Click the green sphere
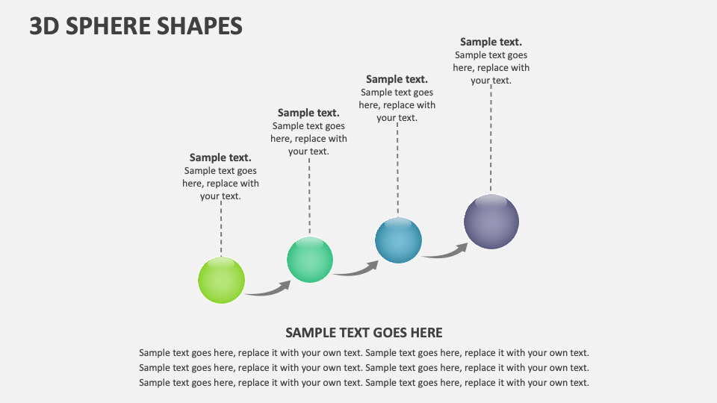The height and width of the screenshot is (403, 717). (x=221, y=280)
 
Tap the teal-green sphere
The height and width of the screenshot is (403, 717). (x=310, y=260)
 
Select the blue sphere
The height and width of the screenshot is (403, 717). (x=398, y=240)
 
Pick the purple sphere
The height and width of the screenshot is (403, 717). (x=491, y=222)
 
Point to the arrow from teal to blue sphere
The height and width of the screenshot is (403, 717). (x=356, y=270)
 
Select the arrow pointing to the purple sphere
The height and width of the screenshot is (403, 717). (x=445, y=252)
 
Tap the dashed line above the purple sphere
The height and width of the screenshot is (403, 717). (x=491, y=138)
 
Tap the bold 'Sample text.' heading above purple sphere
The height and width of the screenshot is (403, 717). (x=491, y=42)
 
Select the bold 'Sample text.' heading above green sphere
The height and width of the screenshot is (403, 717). (x=220, y=157)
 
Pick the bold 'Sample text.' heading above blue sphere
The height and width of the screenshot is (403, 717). (x=397, y=79)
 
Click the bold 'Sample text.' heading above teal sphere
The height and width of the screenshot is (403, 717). (x=308, y=113)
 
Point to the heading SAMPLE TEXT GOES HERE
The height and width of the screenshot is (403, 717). (x=364, y=333)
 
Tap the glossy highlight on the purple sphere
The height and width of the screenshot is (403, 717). (x=491, y=201)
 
